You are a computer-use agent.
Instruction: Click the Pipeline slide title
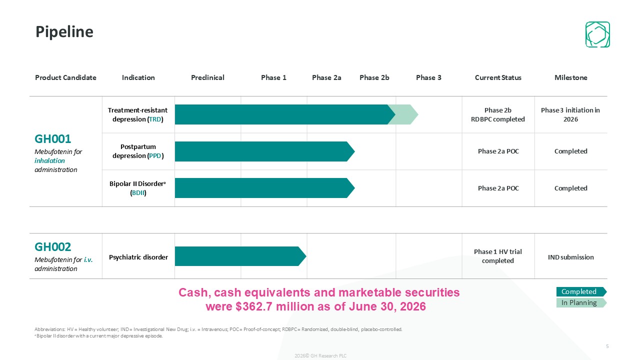click(x=64, y=32)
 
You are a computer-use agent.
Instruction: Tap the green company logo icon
click(x=597, y=34)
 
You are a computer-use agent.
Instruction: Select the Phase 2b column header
click(x=374, y=77)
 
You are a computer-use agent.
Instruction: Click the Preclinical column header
click(x=207, y=77)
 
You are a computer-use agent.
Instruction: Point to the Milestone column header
click(x=571, y=77)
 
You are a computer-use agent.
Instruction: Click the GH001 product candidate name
click(x=52, y=139)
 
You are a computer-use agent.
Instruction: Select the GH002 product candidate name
click(x=52, y=247)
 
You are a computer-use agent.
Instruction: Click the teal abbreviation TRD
click(x=155, y=119)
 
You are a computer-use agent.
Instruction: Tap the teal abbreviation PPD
click(x=155, y=155)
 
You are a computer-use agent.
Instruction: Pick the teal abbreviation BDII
click(x=138, y=193)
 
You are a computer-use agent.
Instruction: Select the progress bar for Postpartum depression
click(x=264, y=151)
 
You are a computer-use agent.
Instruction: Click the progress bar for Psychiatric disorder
click(x=240, y=256)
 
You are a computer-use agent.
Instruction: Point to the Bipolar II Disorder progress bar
click(x=264, y=188)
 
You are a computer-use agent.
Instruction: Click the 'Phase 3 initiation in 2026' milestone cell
click(x=570, y=114)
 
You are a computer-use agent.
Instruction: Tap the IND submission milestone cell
click(x=570, y=257)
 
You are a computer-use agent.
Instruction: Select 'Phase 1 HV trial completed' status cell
click(x=497, y=256)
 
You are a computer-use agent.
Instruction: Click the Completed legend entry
click(x=581, y=291)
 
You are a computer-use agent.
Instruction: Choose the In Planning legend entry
click(x=581, y=303)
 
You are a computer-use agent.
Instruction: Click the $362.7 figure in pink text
click(x=254, y=306)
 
